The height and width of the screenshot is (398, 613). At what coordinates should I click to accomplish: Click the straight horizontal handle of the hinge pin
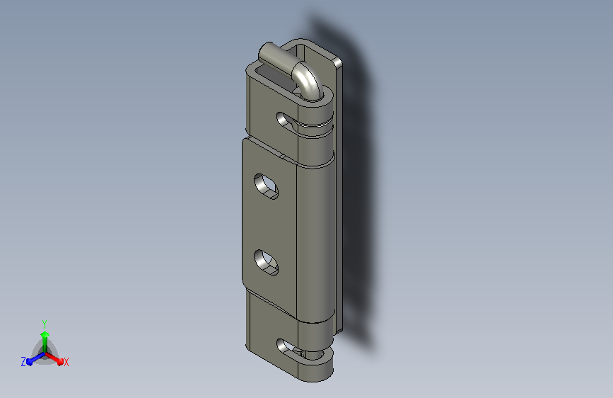pyautogui.click(x=276, y=57)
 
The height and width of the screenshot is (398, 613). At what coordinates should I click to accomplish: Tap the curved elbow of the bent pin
pyautogui.click(x=309, y=80)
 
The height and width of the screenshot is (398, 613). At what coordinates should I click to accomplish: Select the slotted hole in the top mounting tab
pyautogui.click(x=286, y=121)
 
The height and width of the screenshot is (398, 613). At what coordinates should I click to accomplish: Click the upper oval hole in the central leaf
pyautogui.click(x=267, y=186)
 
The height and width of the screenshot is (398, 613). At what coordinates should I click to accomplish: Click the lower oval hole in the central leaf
pyautogui.click(x=267, y=263)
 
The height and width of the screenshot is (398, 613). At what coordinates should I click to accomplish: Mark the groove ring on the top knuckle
pyautogui.click(x=315, y=125)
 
